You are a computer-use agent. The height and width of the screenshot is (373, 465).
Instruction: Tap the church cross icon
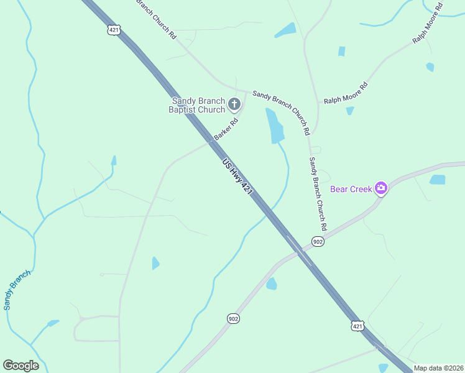pos(234,104)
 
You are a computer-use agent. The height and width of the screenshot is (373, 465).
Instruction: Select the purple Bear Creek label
pos(351,188)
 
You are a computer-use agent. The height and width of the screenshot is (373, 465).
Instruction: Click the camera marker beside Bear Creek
pos(381,188)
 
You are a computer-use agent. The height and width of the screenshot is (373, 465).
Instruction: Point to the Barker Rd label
pos(226,129)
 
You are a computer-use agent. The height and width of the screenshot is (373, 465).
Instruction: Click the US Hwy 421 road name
pos(237,178)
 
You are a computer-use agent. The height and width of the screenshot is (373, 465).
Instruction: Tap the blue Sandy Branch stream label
pos(16,290)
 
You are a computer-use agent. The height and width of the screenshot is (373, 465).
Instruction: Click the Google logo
pos(21,366)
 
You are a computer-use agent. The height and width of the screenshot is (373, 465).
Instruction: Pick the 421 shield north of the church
pos(113,30)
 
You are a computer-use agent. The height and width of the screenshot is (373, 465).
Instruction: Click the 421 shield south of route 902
pos(357,326)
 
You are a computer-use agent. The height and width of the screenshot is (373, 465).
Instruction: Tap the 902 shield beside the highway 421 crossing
pos(318,241)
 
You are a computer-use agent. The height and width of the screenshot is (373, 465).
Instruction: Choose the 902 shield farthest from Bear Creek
pos(233,318)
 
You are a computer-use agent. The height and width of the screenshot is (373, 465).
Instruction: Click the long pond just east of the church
pos(274,126)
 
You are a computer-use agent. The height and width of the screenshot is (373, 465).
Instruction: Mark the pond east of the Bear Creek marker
pos(438,180)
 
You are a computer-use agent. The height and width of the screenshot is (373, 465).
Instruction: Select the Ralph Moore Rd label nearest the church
pos(346,93)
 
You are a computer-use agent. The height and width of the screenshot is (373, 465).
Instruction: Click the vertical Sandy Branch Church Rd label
pos(318,193)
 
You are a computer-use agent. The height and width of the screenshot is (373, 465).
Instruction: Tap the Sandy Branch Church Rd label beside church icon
pos(281,113)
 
